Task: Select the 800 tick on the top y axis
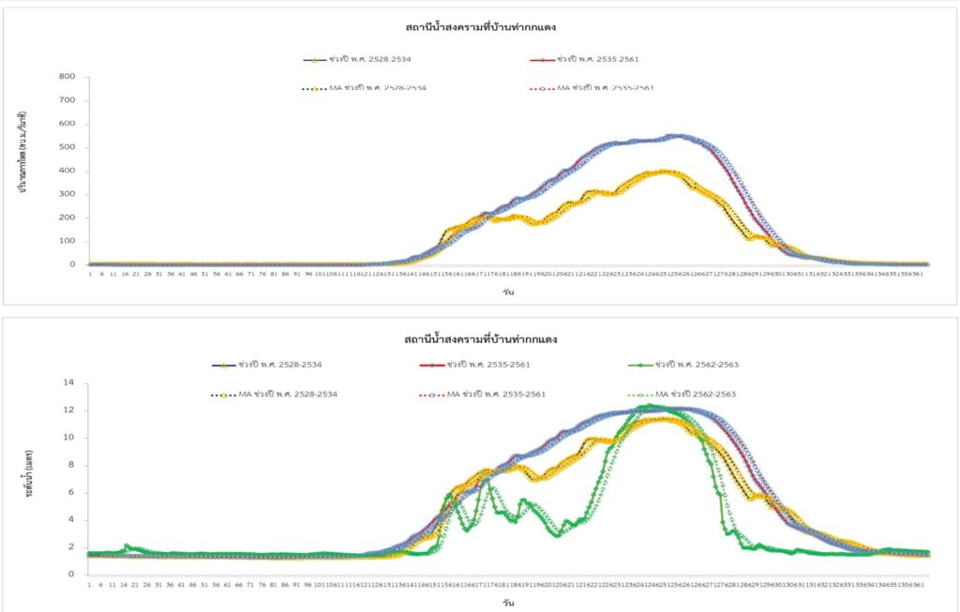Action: tap(67, 77)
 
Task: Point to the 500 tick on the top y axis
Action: tap(67, 147)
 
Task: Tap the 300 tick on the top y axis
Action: tap(67, 194)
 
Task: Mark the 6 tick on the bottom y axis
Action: tap(69, 493)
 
